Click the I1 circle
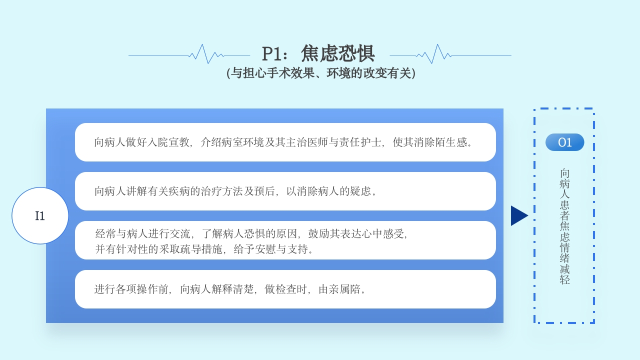pyautogui.click(x=40, y=215)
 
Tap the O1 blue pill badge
pyautogui.click(x=564, y=142)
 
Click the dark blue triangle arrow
pyautogui.click(x=518, y=215)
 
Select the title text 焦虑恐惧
pyautogui.click(x=338, y=53)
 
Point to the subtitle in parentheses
pyautogui.click(x=321, y=73)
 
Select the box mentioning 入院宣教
pyautogui.click(x=285, y=142)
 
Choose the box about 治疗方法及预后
pyautogui.click(x=285, y=191)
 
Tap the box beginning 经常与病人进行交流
pyautogui.click(x=285, y=240)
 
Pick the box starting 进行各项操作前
pyautogui.click(x=285, y=289)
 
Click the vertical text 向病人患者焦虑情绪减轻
pyautogui.click(x=564, y=226)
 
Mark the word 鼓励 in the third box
pyautogui.click(x=318, y=233)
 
